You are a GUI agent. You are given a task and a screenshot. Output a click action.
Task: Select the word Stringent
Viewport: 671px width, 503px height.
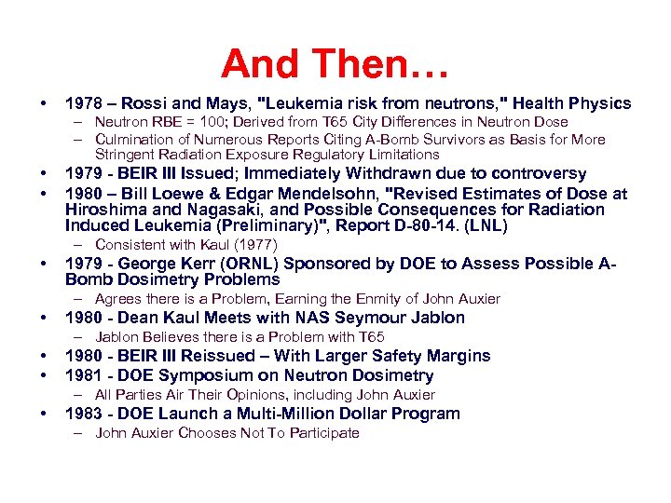125,155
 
